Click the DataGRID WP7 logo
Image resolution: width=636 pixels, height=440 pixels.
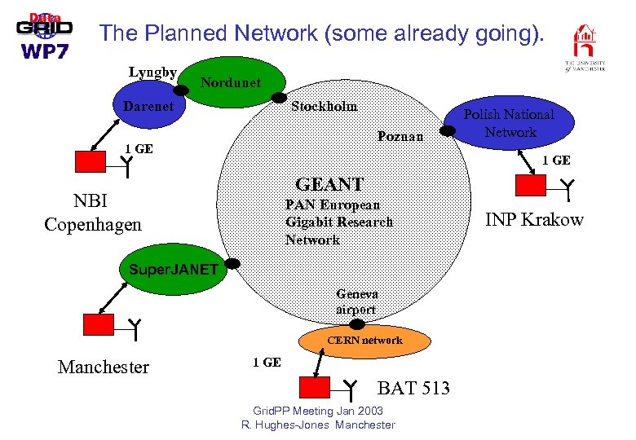click(x=44, y=35)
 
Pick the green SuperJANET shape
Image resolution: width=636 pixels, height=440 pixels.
click(x=167, y=269)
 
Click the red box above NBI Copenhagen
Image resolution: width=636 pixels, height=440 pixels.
click(x=90, y=162)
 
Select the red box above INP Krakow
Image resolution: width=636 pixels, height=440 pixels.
click(x=530, y=186)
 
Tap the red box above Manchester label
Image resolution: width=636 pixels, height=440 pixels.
click(x=99, y=324)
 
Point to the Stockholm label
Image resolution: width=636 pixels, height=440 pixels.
click(x=324, y=106)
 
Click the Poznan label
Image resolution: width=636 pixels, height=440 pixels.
click(x=400, y=136)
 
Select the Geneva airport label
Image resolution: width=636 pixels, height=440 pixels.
click(x=356, y=301)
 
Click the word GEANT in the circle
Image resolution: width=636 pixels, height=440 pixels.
click(x=329, y=184)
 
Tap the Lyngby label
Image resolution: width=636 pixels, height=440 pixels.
click(x=152, y=72)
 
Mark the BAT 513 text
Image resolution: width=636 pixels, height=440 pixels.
click(x=413, y=388)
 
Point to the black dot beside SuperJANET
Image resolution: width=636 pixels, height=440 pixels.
click(x=232, y=264)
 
